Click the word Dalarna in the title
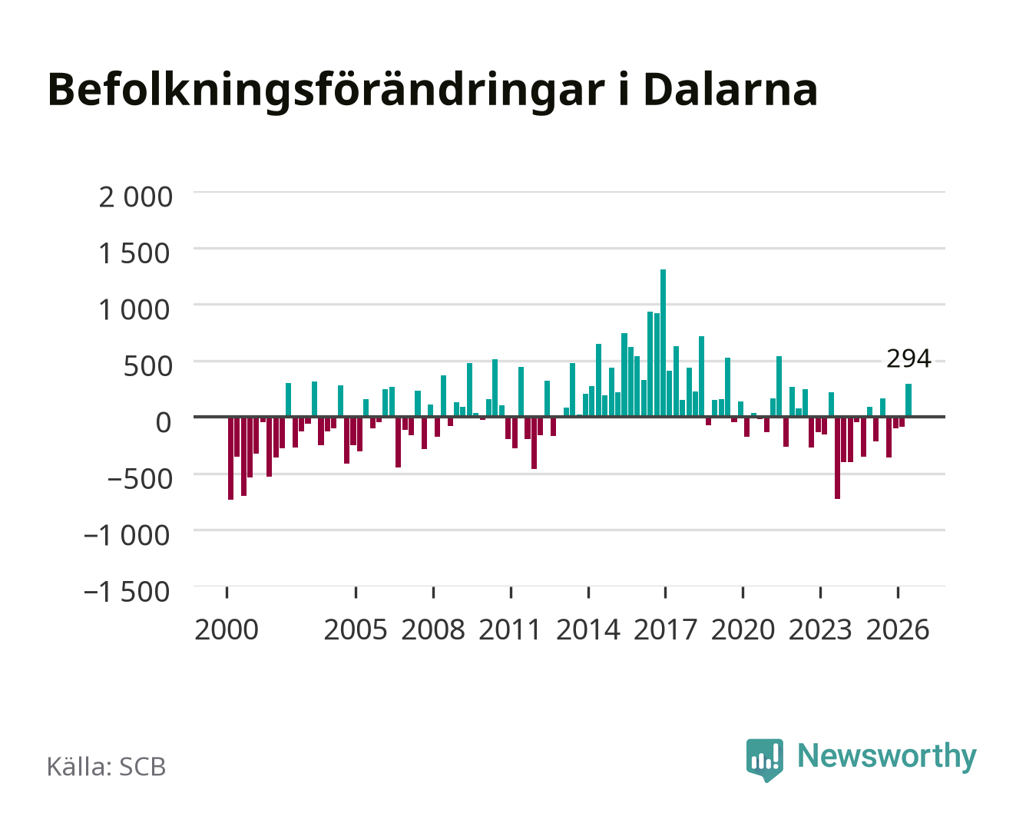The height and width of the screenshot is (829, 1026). [730, 90]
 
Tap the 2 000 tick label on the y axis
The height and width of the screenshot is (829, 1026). [135, 197]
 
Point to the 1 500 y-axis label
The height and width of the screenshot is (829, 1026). [134, 253]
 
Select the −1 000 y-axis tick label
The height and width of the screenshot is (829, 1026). [127, 535]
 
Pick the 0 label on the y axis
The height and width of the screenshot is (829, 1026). [164, 422]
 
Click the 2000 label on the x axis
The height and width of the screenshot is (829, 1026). [227, 629]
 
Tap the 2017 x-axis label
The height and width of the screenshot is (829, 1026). [665, 629]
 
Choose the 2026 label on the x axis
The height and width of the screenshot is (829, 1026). [898, 629]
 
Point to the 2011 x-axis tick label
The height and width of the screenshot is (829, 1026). [510, 629]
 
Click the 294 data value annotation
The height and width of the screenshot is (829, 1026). [909, 358]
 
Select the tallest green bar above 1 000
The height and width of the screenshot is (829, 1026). [663, 343]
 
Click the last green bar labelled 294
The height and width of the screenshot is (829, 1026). [908, 400]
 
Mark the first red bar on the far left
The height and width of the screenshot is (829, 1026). [230, 457]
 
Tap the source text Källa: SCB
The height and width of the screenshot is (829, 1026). [107, 766]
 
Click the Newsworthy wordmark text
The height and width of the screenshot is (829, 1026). [887, 756]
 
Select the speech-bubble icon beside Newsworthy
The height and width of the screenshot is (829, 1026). [764, 760]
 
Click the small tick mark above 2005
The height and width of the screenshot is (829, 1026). [356, 592]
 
